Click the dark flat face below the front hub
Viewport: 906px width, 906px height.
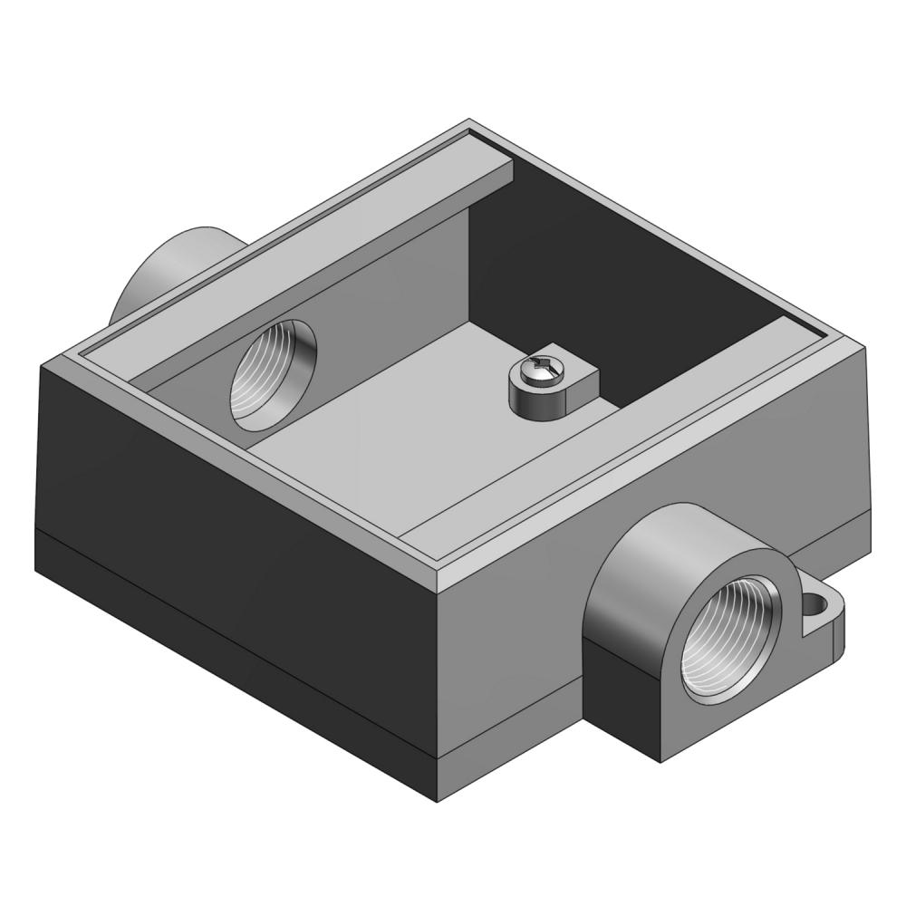625,698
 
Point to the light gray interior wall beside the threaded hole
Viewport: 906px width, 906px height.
381,299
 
